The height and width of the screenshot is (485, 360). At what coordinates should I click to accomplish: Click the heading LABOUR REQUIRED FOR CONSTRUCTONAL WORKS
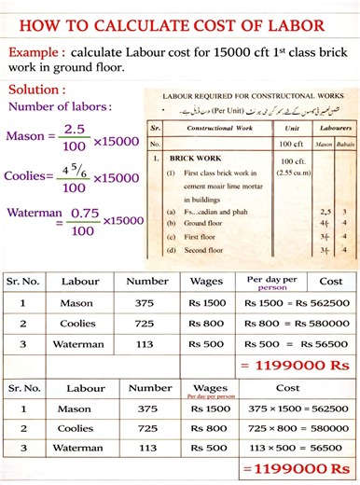[x=251, y=96]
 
